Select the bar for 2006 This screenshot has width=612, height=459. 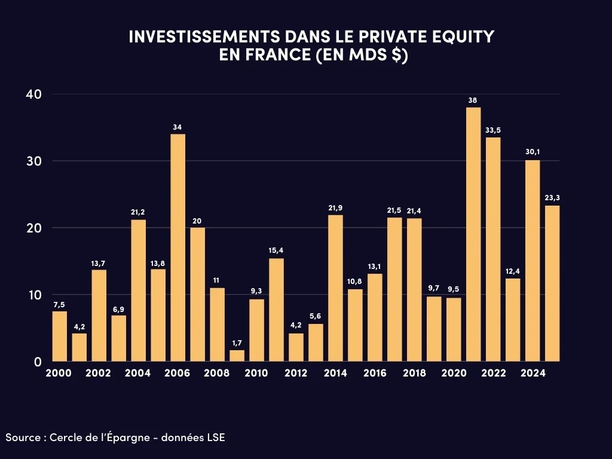tap(178, 247)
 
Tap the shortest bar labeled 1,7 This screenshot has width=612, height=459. tap(237, 356)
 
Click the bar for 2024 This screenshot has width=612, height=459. tap(532, 261)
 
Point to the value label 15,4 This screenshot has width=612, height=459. tap(276, 250)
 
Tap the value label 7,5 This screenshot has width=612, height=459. tap(59, 304)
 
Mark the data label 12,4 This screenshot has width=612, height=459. tap(512, 271)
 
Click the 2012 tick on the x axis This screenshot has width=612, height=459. tap(296, 373)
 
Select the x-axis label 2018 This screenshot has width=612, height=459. tap(414, 373)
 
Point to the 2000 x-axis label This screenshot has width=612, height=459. tap(59, 373)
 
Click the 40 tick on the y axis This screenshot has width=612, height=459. tap(33, 94)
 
